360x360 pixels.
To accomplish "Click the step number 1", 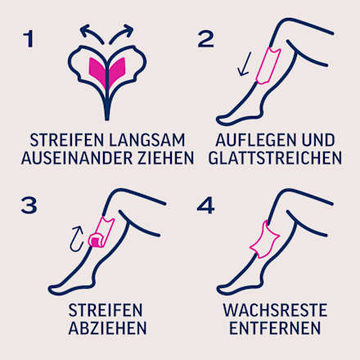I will point(29,38).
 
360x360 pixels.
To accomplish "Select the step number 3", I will point(29,205).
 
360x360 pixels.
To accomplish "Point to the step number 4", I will point(207,205).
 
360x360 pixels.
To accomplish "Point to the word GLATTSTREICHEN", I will point(275,157).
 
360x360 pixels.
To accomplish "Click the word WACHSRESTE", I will point(274,310).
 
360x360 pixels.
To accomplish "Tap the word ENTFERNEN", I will point(274,329).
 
